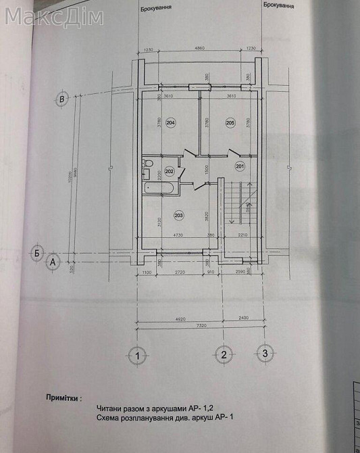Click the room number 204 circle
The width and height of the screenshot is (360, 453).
pyautogui.click(x=170, y=123)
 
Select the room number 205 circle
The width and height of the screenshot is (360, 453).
pyautogui.click(x=230, y=123)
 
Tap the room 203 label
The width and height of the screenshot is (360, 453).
pyautogui.click(x=178, y=216)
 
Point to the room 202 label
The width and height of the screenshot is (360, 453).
pyautogui.click(x=170, y=171)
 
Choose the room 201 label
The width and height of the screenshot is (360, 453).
pyautogui.click(x=239, y=166)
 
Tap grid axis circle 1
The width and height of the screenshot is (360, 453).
pyautogui.click(x=137, y=354)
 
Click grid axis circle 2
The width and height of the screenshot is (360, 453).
pyautogui.click(x=223, y=354)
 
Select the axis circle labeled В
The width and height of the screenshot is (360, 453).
pyautogui.click(x=62, y=99)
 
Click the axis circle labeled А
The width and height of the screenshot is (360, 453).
pyautogui.click(x=51, y=262)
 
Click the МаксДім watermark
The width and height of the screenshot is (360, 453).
pyautogui.click(x=54, y=17)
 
